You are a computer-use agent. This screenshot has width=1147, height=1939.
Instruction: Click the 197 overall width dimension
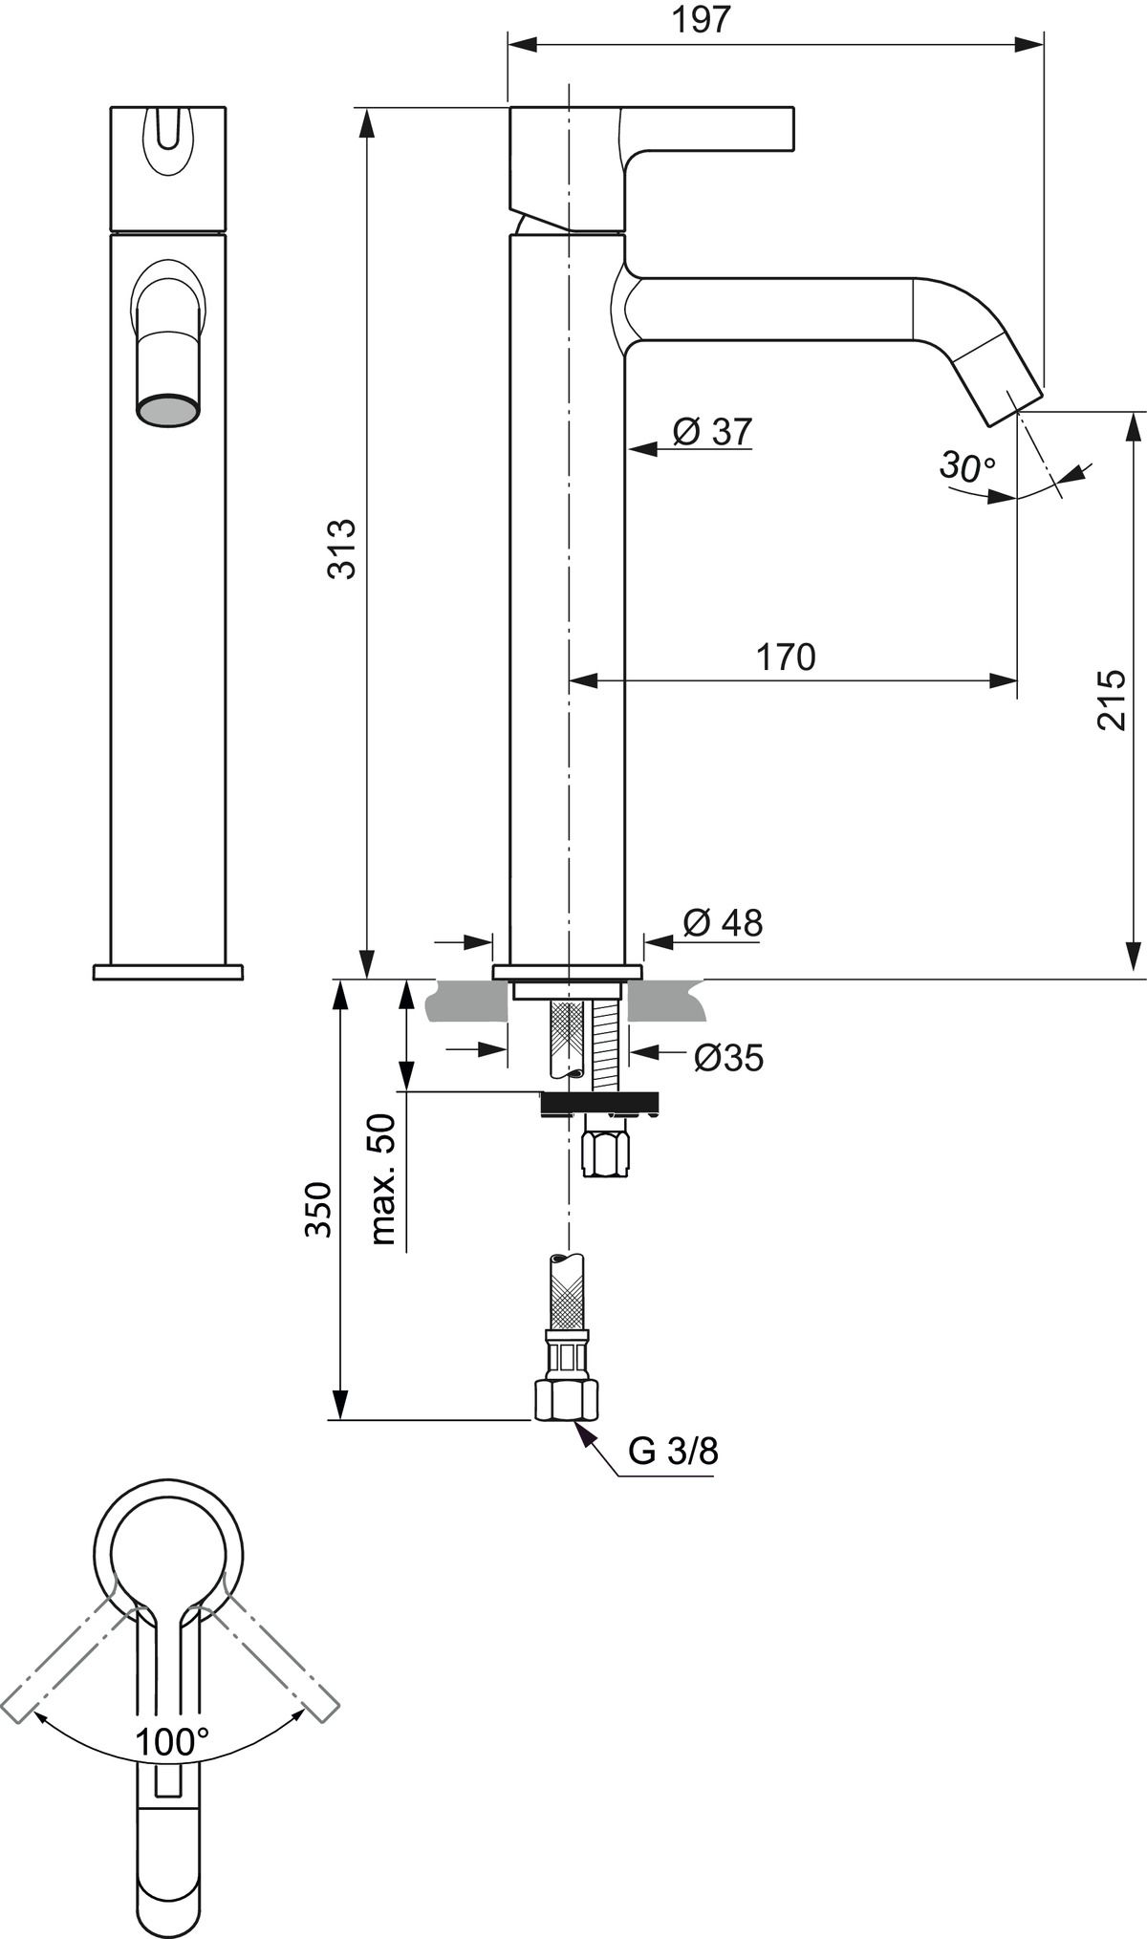click(x=701, y=21)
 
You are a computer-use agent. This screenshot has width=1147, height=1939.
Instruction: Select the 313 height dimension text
click(x=341, y=549)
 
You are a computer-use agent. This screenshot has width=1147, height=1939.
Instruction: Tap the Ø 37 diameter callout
click(x=712, y=432)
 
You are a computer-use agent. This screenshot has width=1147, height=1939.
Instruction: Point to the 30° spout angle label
click(x=967, y=466)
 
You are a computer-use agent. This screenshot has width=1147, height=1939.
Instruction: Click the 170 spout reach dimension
click(x=786, y=657)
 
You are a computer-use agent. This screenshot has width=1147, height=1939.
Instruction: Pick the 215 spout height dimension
click(x=1112, y=700)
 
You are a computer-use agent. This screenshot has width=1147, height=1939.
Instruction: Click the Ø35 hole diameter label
click(x=728, y=1058)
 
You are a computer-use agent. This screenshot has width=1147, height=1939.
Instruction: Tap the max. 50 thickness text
click(x=382, y=1178)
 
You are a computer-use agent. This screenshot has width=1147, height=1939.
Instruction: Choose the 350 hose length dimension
click(x=318, y=1210)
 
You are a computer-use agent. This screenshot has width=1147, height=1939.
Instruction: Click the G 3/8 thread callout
click(x=672, y=1452)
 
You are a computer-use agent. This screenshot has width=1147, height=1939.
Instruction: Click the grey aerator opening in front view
click(x=169, y=411)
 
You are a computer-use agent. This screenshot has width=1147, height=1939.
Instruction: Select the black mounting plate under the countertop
click(x=600, y=1103)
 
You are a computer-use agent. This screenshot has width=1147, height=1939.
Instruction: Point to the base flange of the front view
click(x=168, y=972)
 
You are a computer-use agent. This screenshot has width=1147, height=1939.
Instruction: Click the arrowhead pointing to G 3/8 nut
click(x=579, y=1429)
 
